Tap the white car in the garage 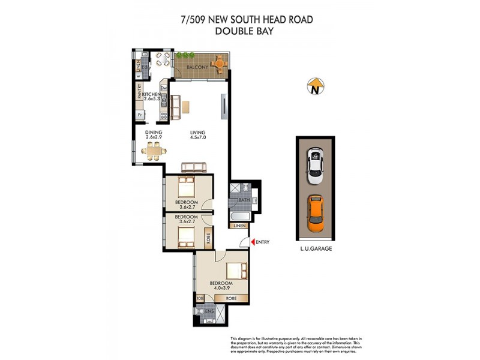tap(316, 167)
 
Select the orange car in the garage tap(316, 213)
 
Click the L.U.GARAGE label tap(316, 248)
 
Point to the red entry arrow tap(252, 242)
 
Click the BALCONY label tap(197, 67)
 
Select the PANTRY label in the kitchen tap(139, 92)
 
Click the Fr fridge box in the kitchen tap(140, 114)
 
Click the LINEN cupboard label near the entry tap(241, 226)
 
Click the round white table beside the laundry tap(161, 59)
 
